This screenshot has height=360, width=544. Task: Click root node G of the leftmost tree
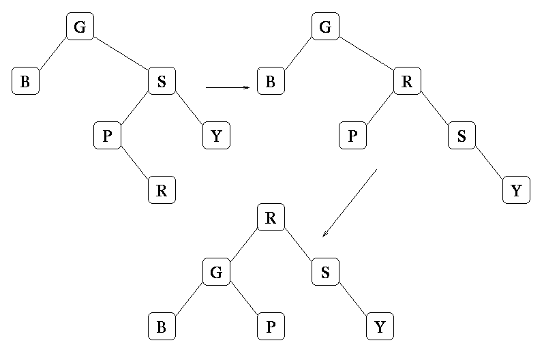point(80,27)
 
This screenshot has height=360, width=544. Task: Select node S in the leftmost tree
point(162,82)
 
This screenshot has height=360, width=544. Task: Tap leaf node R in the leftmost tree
point(162,191)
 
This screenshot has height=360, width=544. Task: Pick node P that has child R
point(107,136)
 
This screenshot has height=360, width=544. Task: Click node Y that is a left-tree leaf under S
point(216,136)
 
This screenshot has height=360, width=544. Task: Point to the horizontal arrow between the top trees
point(227,87)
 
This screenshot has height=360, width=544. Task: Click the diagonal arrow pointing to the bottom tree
point(349,203)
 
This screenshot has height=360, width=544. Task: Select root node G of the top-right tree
point(325,27)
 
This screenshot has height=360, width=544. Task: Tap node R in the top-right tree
point(407,82)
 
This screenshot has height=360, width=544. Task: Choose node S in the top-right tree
point(462,136)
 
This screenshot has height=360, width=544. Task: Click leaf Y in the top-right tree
point(516,191)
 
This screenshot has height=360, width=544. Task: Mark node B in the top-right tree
point(271,82)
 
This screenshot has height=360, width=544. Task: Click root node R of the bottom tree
point(271,218)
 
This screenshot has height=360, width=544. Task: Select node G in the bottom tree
point(216,273)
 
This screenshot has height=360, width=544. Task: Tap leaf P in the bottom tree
point(271,327)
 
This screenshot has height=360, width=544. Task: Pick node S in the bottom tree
point(325,273)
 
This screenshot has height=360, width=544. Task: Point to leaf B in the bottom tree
point(162,327)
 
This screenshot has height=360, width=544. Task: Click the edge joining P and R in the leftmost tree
point(134,164)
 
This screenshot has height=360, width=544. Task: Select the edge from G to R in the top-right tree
point(366,55)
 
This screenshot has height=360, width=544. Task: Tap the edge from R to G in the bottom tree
point(243,245)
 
